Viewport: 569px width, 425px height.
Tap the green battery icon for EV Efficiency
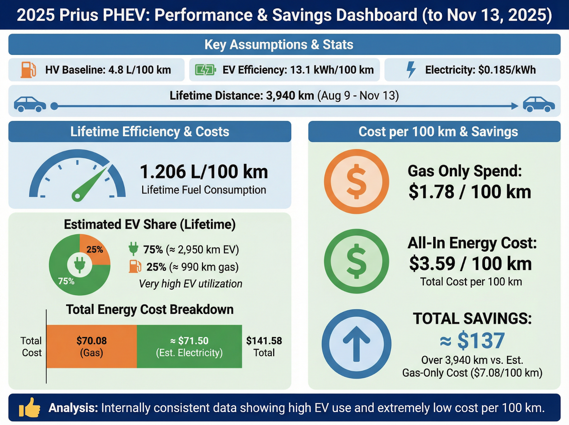[x=205, y=70]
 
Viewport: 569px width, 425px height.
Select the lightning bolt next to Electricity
[x=411, y=70]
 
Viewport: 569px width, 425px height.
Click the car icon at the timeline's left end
[x=30, y=104]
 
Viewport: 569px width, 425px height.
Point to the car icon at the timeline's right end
[x=538, y=104]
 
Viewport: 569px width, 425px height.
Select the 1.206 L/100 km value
[x=204, y=172]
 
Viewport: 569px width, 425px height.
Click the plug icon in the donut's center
[x=80, y=264]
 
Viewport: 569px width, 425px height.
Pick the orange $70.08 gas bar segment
[x=91, y=346]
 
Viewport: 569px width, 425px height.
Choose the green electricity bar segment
[x=189, y=346]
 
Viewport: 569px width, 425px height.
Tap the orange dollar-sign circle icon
[x=356, y=181]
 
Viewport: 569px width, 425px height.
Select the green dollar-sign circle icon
[x=356, y=261]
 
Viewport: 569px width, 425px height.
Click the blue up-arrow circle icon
[x=356, y=344]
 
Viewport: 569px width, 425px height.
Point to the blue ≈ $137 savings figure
[x=472, y=340]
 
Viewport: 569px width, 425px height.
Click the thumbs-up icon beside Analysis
[x=30, y=408]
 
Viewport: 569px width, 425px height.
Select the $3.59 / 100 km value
[x=470, y=264]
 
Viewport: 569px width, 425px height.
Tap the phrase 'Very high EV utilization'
[x=191, y=284]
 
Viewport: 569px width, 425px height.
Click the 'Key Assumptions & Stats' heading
[x=279, y=44]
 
